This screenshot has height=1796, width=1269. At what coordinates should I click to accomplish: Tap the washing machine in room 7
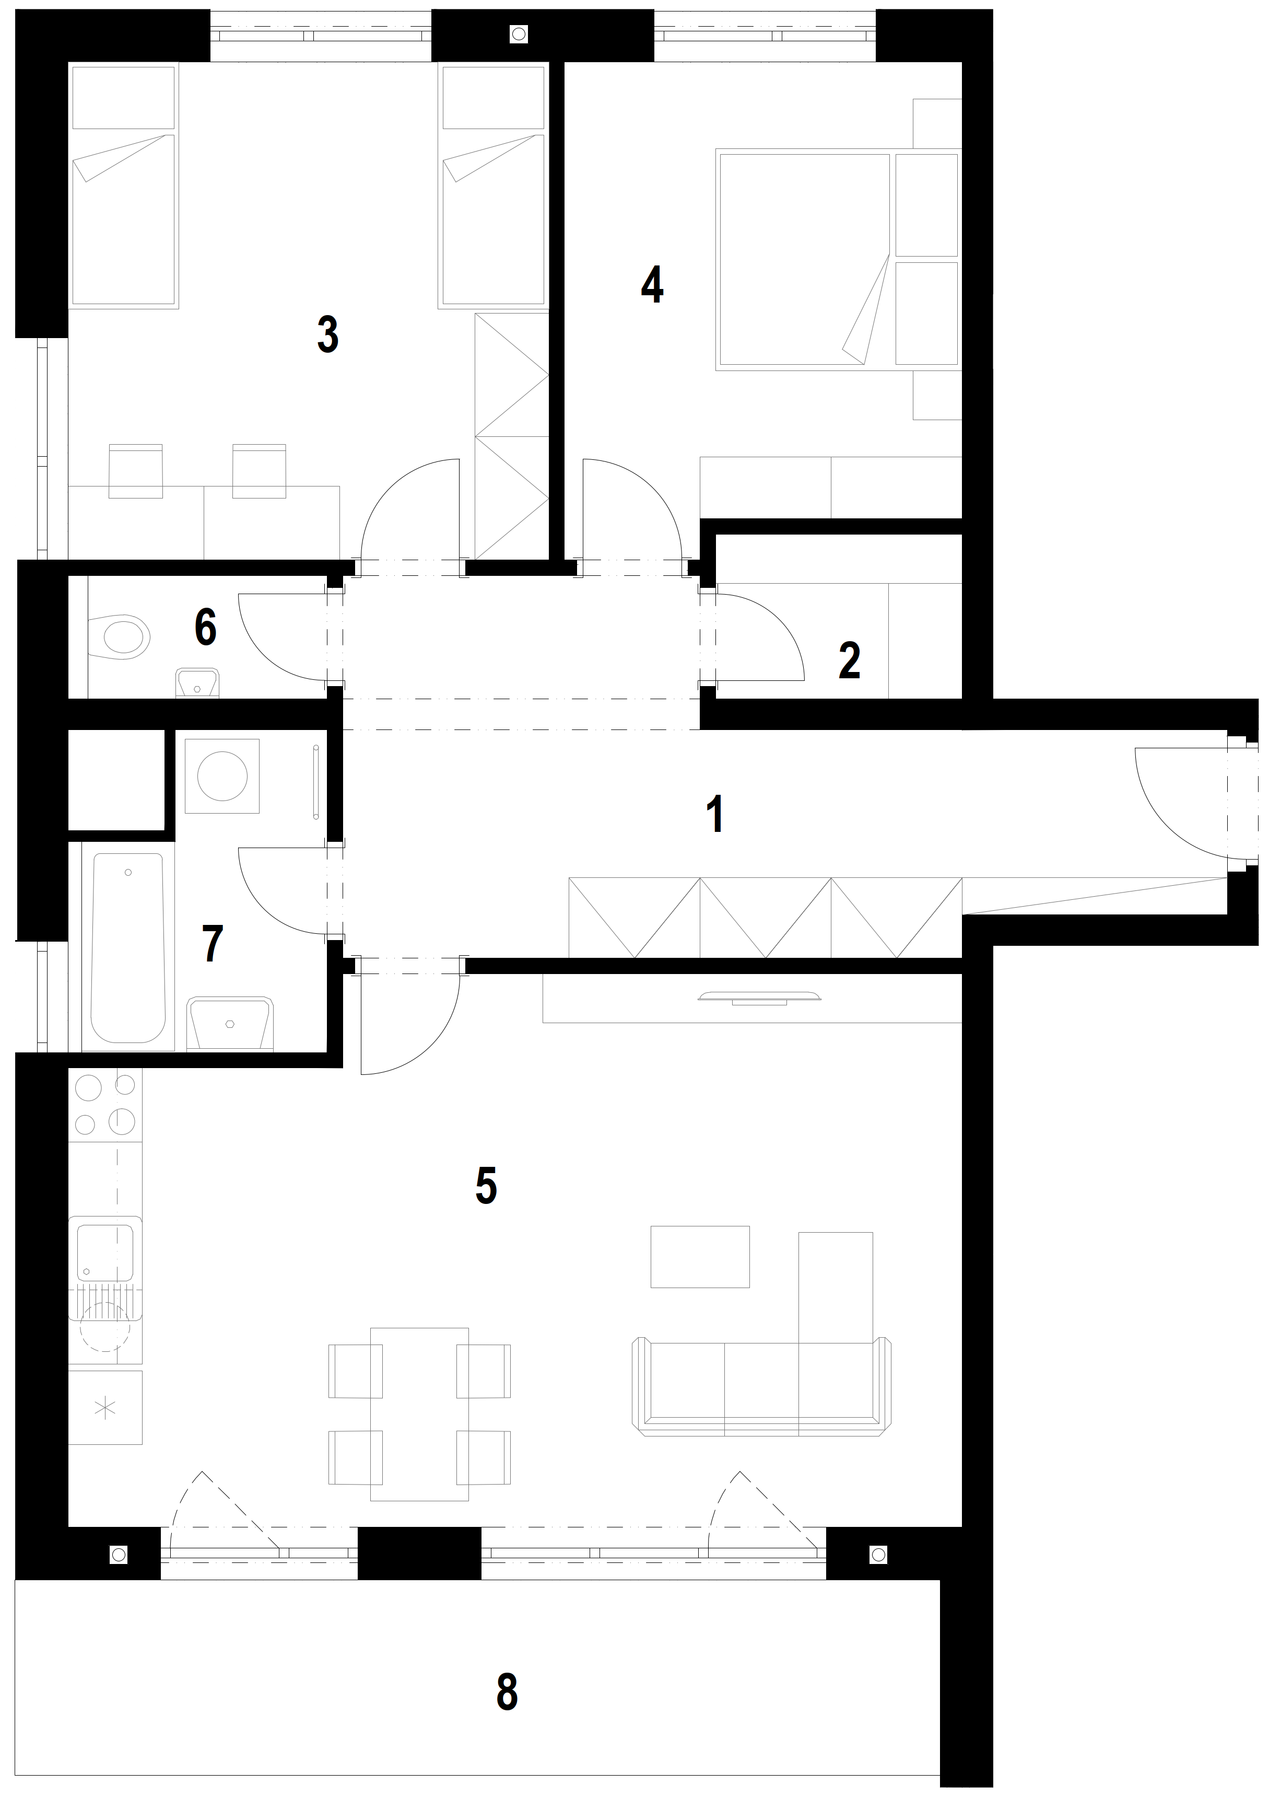222,776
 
